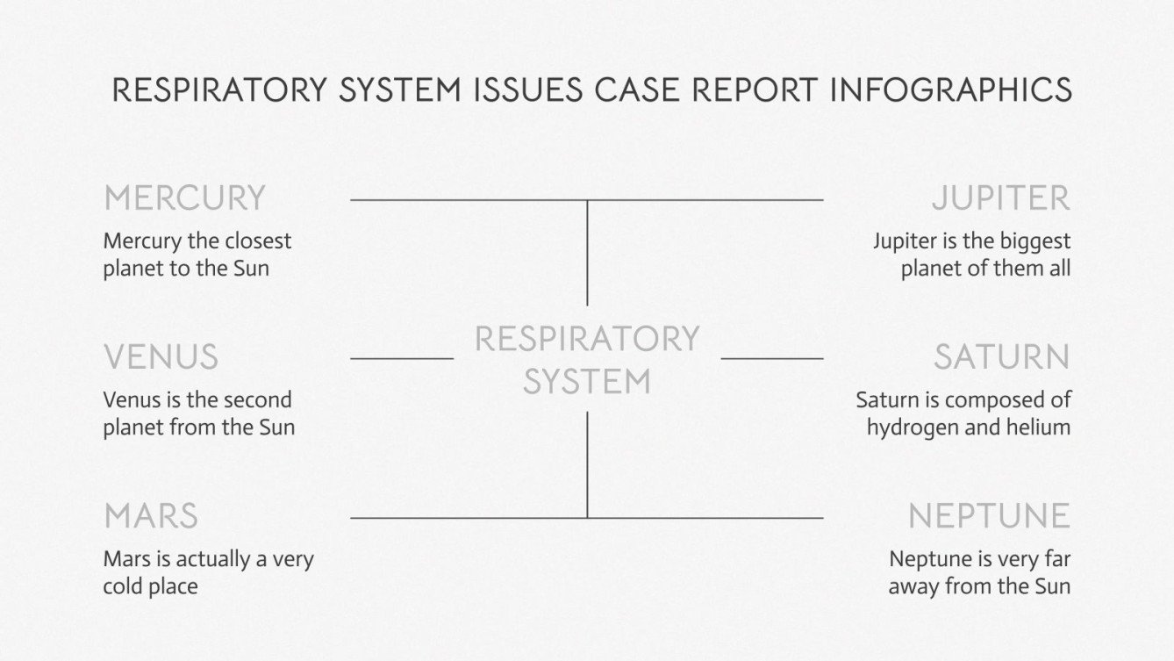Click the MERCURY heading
tap(184, 198)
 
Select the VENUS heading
tap(161, 357)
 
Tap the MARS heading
tap(150, 516)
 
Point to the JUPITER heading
tap(1000, 198)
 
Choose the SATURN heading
tap(1001, 357)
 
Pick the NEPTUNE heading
tap(989, 516)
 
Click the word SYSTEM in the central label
tap(587, 382)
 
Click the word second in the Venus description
tap(257, 400)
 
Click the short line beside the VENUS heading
tap(402, 358)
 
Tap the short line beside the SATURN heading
tap(772, 358)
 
